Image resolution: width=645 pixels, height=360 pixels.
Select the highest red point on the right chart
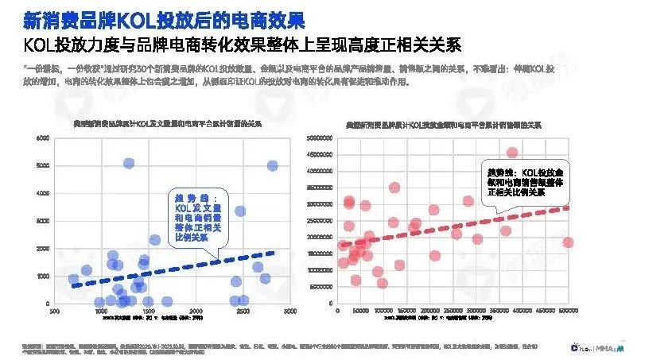pyautogui.click(x=512, y=153)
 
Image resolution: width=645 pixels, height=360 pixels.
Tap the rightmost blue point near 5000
pyautogui.click(x=272, y=165)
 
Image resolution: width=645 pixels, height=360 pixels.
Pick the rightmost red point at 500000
pyautogui.click(x=568, y=242)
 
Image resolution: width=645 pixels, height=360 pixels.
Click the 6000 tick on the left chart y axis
pyautogui.click(x=44, y=138)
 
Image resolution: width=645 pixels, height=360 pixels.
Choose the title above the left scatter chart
pyautogui.click(x=169, y=124)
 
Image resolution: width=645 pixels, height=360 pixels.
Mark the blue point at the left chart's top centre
pyautogui.click(x=128, y=163)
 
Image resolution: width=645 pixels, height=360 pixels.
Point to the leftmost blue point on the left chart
pyautogui.click(x=74, y=280)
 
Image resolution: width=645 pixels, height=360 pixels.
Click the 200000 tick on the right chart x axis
pyautogui.click(x=430, y=312)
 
